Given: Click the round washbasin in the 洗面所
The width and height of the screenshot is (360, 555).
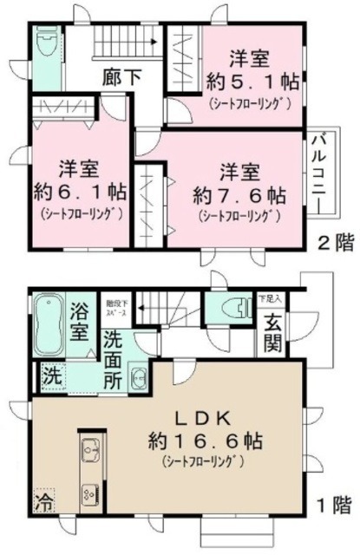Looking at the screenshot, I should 138,377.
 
